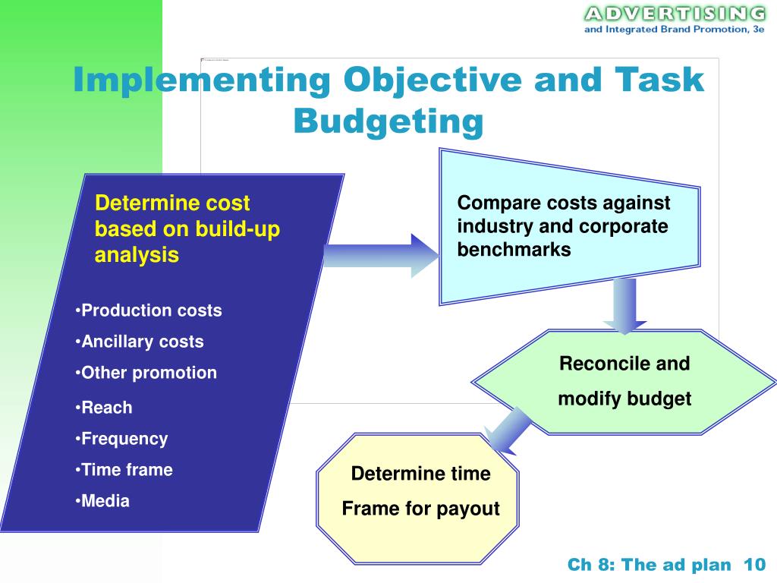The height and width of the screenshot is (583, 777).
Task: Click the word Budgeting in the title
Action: [x=388, y=121]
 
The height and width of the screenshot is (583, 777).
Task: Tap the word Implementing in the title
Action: [x=202, y=81]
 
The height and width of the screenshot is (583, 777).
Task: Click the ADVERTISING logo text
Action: [x=674, y=14]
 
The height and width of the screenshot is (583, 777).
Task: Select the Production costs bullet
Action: [x=149, y=310]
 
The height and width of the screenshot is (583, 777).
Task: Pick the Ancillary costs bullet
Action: [x=140, y=342]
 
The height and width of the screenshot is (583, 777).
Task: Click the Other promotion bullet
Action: [x=146, y=373]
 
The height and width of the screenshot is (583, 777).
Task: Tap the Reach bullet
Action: [x=104, y=408]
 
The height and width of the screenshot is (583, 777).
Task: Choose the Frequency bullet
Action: [x=121, y=439]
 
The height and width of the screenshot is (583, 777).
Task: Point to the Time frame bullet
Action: [x=124, y=470]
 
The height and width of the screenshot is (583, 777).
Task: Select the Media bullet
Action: [x=102, y=501]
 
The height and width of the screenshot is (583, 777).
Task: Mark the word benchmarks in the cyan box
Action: [x=514, y=250]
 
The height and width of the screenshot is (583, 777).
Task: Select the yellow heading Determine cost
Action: [x=172, y=203]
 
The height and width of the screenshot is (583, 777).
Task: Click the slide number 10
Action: [x=755, y=565]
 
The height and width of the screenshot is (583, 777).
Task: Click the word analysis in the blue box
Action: [x=137, y=255]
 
